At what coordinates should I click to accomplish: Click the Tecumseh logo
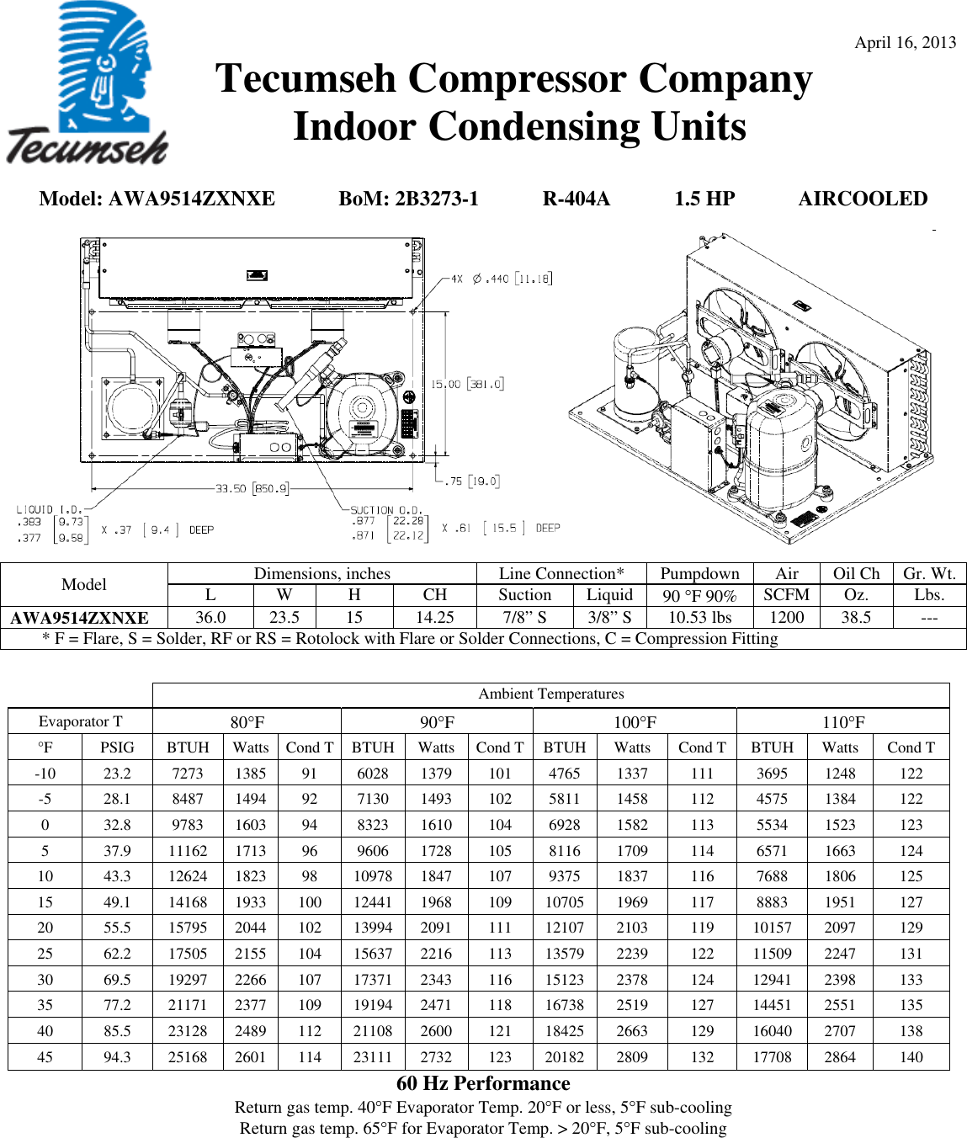coord(87,84)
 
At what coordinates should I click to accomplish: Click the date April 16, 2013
coord(905,43)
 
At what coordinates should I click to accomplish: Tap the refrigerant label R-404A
coord(576,199)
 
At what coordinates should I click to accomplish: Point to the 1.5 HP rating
coord(704,199)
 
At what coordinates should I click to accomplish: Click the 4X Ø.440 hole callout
coord(502,279)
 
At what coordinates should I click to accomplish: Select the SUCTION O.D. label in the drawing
coord(386,509)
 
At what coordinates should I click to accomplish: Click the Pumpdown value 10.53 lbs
coord(699,617)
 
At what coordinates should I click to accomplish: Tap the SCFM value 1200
coord(786,617)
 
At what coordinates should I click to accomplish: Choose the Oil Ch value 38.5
coord(856,617)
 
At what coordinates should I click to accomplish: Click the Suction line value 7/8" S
coord(524,617)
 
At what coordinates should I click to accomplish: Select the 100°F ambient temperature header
coord(635,722)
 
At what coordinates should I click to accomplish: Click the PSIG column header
coord(117,747)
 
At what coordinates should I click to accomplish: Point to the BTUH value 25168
coord(188,1057)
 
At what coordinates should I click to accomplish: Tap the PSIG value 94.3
coord(117,1057)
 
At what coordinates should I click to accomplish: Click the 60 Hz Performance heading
coord(483,1083)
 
